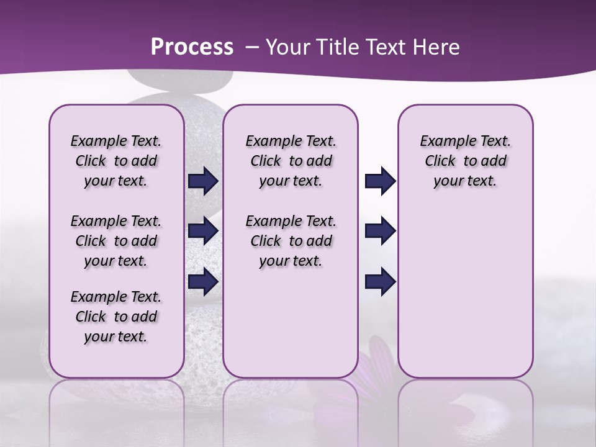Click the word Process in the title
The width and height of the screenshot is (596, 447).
[192, 47]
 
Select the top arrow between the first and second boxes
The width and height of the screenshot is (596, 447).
[203, 181]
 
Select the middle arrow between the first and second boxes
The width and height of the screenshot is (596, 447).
[203, 231]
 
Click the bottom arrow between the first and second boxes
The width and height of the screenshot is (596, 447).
[203, 281]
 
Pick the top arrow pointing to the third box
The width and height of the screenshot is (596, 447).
[380, 181]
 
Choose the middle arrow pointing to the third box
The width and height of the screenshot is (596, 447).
[380, 231]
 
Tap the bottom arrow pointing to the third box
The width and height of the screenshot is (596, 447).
[380, 281]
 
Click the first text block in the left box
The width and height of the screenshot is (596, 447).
[116, 161]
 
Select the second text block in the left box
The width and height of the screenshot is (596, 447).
[116, 241]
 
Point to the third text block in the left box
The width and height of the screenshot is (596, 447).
[116, 317]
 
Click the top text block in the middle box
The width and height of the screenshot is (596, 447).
[291, 161]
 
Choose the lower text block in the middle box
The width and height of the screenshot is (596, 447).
[291, 241]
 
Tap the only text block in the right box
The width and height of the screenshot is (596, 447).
[465, 161]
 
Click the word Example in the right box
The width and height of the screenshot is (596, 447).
[444, 142]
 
